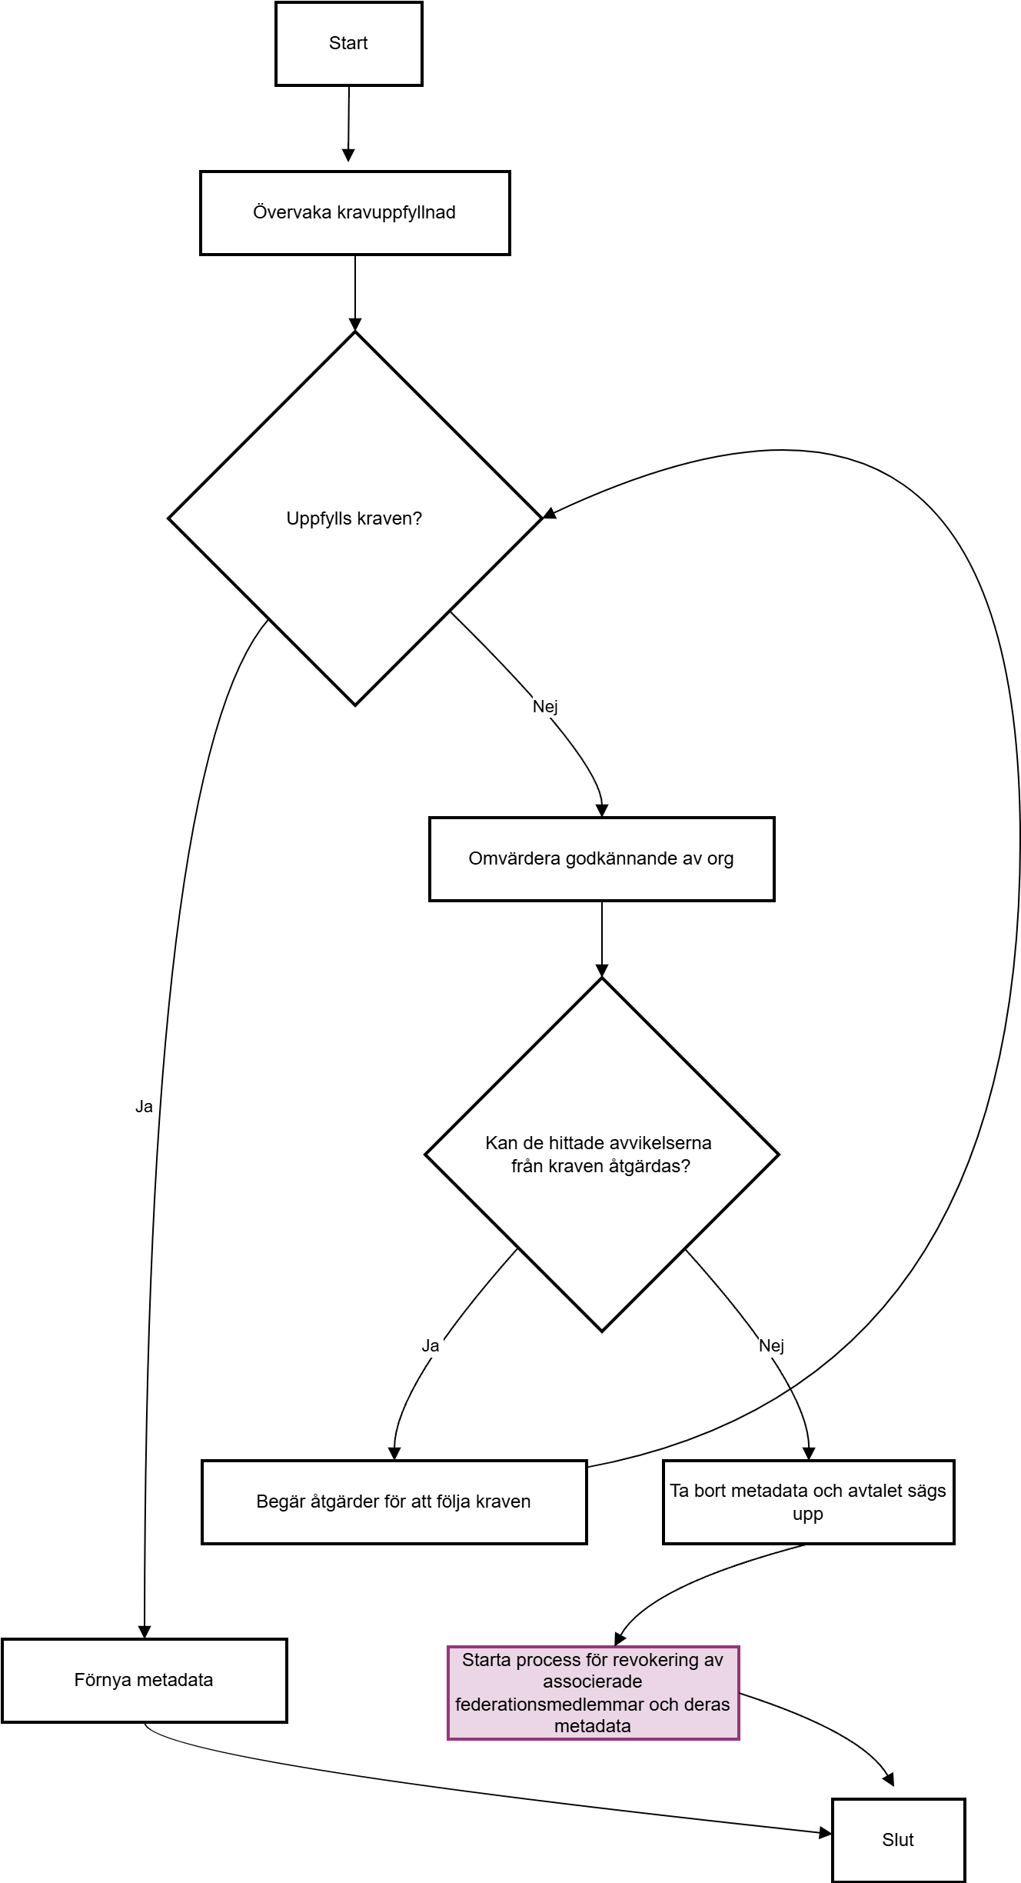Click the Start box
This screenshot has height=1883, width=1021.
pos(349,44)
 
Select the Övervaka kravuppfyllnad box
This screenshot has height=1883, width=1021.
pos(355,213)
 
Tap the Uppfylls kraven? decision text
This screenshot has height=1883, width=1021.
pos(354,518)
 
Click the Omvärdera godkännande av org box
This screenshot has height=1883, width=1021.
pos(602,859)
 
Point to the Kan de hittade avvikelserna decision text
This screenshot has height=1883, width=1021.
pos(599,1155)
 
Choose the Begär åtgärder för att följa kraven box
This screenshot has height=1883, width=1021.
pos(394,1502)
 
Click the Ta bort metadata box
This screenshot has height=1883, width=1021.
pos(809,1502)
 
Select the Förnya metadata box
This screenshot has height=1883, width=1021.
pos(145,1681)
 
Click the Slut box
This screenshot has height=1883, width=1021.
pos(899,1841)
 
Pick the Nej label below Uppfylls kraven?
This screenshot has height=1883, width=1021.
pos(545,706)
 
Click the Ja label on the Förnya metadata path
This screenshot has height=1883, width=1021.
pos(144,1107)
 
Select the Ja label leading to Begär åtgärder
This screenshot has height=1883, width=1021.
pos(431,1345)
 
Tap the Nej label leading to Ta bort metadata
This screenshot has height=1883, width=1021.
pos(771,1345)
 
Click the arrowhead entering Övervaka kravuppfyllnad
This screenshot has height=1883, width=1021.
pos(348,156)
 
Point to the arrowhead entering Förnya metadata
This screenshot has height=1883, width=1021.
pos(145,1632)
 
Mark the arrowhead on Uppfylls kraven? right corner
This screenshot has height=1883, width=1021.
pos(550,513)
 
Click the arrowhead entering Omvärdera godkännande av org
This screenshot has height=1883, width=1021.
pos(602,811)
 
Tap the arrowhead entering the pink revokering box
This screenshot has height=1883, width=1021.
pos(620,1639)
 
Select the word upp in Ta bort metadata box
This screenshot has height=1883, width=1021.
pos(808,1515)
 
